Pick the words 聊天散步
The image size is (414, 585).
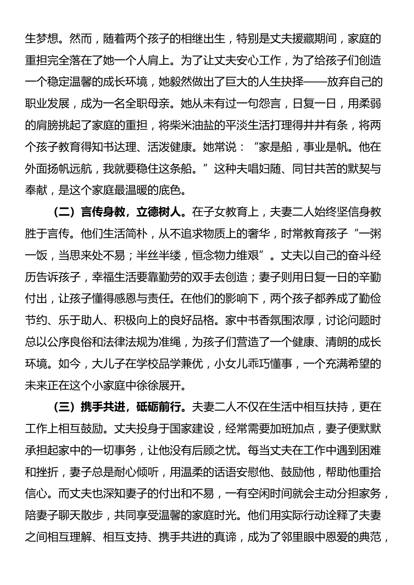[x=79, y=515]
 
